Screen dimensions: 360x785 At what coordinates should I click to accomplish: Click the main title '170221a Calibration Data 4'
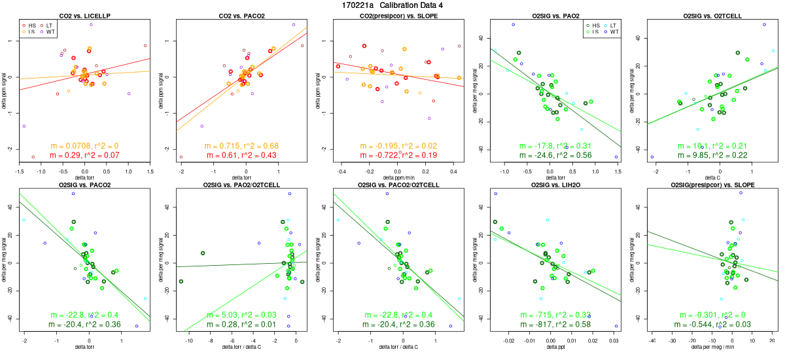point(392,5)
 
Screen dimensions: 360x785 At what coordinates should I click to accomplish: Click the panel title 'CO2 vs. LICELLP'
point(84,15)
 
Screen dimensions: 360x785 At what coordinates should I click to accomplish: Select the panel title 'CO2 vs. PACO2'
point(241,15)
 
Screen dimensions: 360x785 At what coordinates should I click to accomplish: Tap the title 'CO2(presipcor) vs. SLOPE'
point(398,15)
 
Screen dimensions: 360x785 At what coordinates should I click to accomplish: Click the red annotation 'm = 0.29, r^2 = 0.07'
point(84,155)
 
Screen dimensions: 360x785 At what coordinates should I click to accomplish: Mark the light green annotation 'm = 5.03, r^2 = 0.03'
point(241,315)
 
